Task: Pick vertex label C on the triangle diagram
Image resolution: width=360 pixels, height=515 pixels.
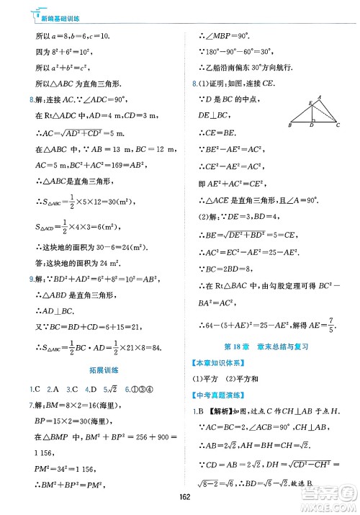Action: (x=338, y=125)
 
